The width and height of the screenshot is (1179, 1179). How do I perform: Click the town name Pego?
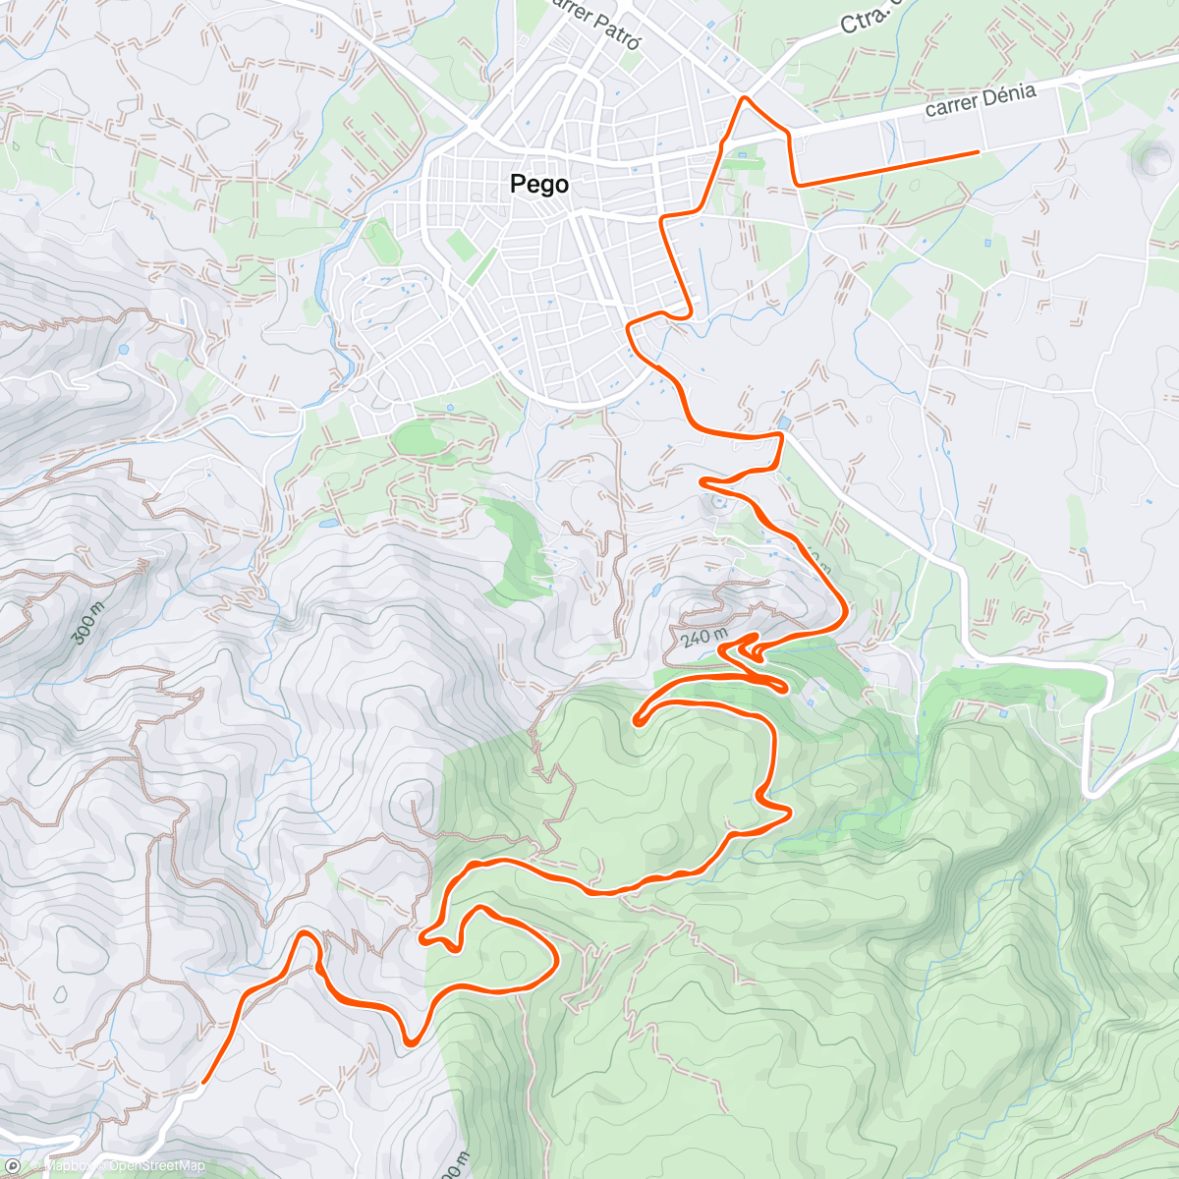539,184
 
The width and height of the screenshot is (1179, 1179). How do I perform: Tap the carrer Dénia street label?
980,100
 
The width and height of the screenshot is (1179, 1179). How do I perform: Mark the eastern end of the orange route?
979,152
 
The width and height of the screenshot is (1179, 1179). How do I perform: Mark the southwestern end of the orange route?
204,1082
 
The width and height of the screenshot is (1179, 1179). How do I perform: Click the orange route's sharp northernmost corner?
746,98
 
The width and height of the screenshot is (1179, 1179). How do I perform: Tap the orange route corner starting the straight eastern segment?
799,184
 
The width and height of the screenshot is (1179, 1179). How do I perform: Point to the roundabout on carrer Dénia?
1079,76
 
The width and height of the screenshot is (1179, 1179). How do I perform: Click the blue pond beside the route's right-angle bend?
782,423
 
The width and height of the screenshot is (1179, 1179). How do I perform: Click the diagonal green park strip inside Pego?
480,266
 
